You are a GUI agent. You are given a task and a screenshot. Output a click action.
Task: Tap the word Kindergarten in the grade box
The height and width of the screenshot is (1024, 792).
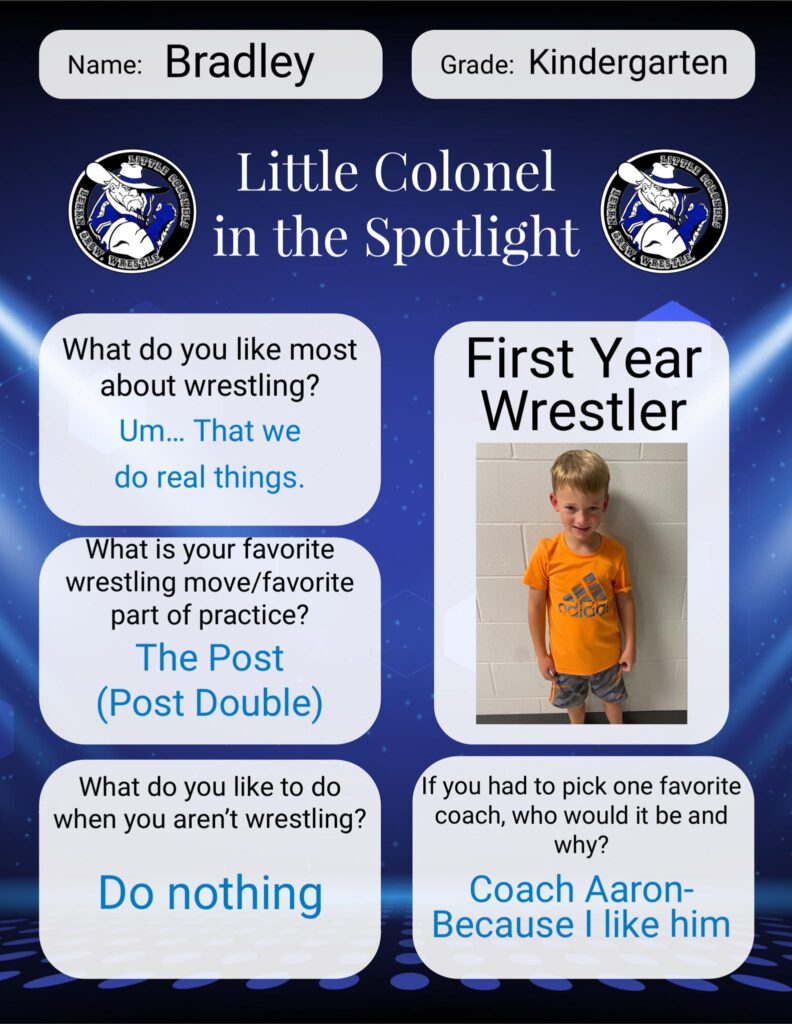[x=628, y=64]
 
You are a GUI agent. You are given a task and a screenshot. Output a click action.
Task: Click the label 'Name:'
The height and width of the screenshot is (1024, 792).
[x=105, y=65]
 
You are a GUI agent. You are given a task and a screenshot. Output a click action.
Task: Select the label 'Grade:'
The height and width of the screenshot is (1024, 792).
[x=477, y=65]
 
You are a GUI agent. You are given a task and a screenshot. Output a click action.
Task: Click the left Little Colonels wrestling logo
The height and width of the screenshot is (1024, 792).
[x=132, y=210]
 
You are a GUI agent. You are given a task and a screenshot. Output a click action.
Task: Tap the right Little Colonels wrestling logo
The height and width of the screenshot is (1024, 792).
[x=664, y=210]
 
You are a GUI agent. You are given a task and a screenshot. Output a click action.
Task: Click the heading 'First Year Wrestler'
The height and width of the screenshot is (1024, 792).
[x=584, y=384]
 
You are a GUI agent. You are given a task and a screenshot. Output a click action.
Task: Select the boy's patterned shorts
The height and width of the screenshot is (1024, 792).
[x=587, y=688]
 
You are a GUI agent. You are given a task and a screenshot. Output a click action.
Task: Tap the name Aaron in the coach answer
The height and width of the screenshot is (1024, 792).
[x=638, y=889]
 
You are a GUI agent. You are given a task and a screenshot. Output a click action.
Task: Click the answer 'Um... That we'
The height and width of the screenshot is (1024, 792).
[x=210, y=431]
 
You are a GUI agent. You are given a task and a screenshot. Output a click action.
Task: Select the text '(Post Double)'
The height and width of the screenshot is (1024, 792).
[x=210, y=703]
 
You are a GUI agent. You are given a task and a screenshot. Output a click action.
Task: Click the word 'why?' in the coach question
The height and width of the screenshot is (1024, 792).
[x=581, y=845]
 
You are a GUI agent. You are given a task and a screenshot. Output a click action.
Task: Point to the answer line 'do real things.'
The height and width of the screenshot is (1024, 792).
[x=210, y=477]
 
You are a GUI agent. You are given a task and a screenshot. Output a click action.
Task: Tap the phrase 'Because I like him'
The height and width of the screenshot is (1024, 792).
[x=581, y=925]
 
